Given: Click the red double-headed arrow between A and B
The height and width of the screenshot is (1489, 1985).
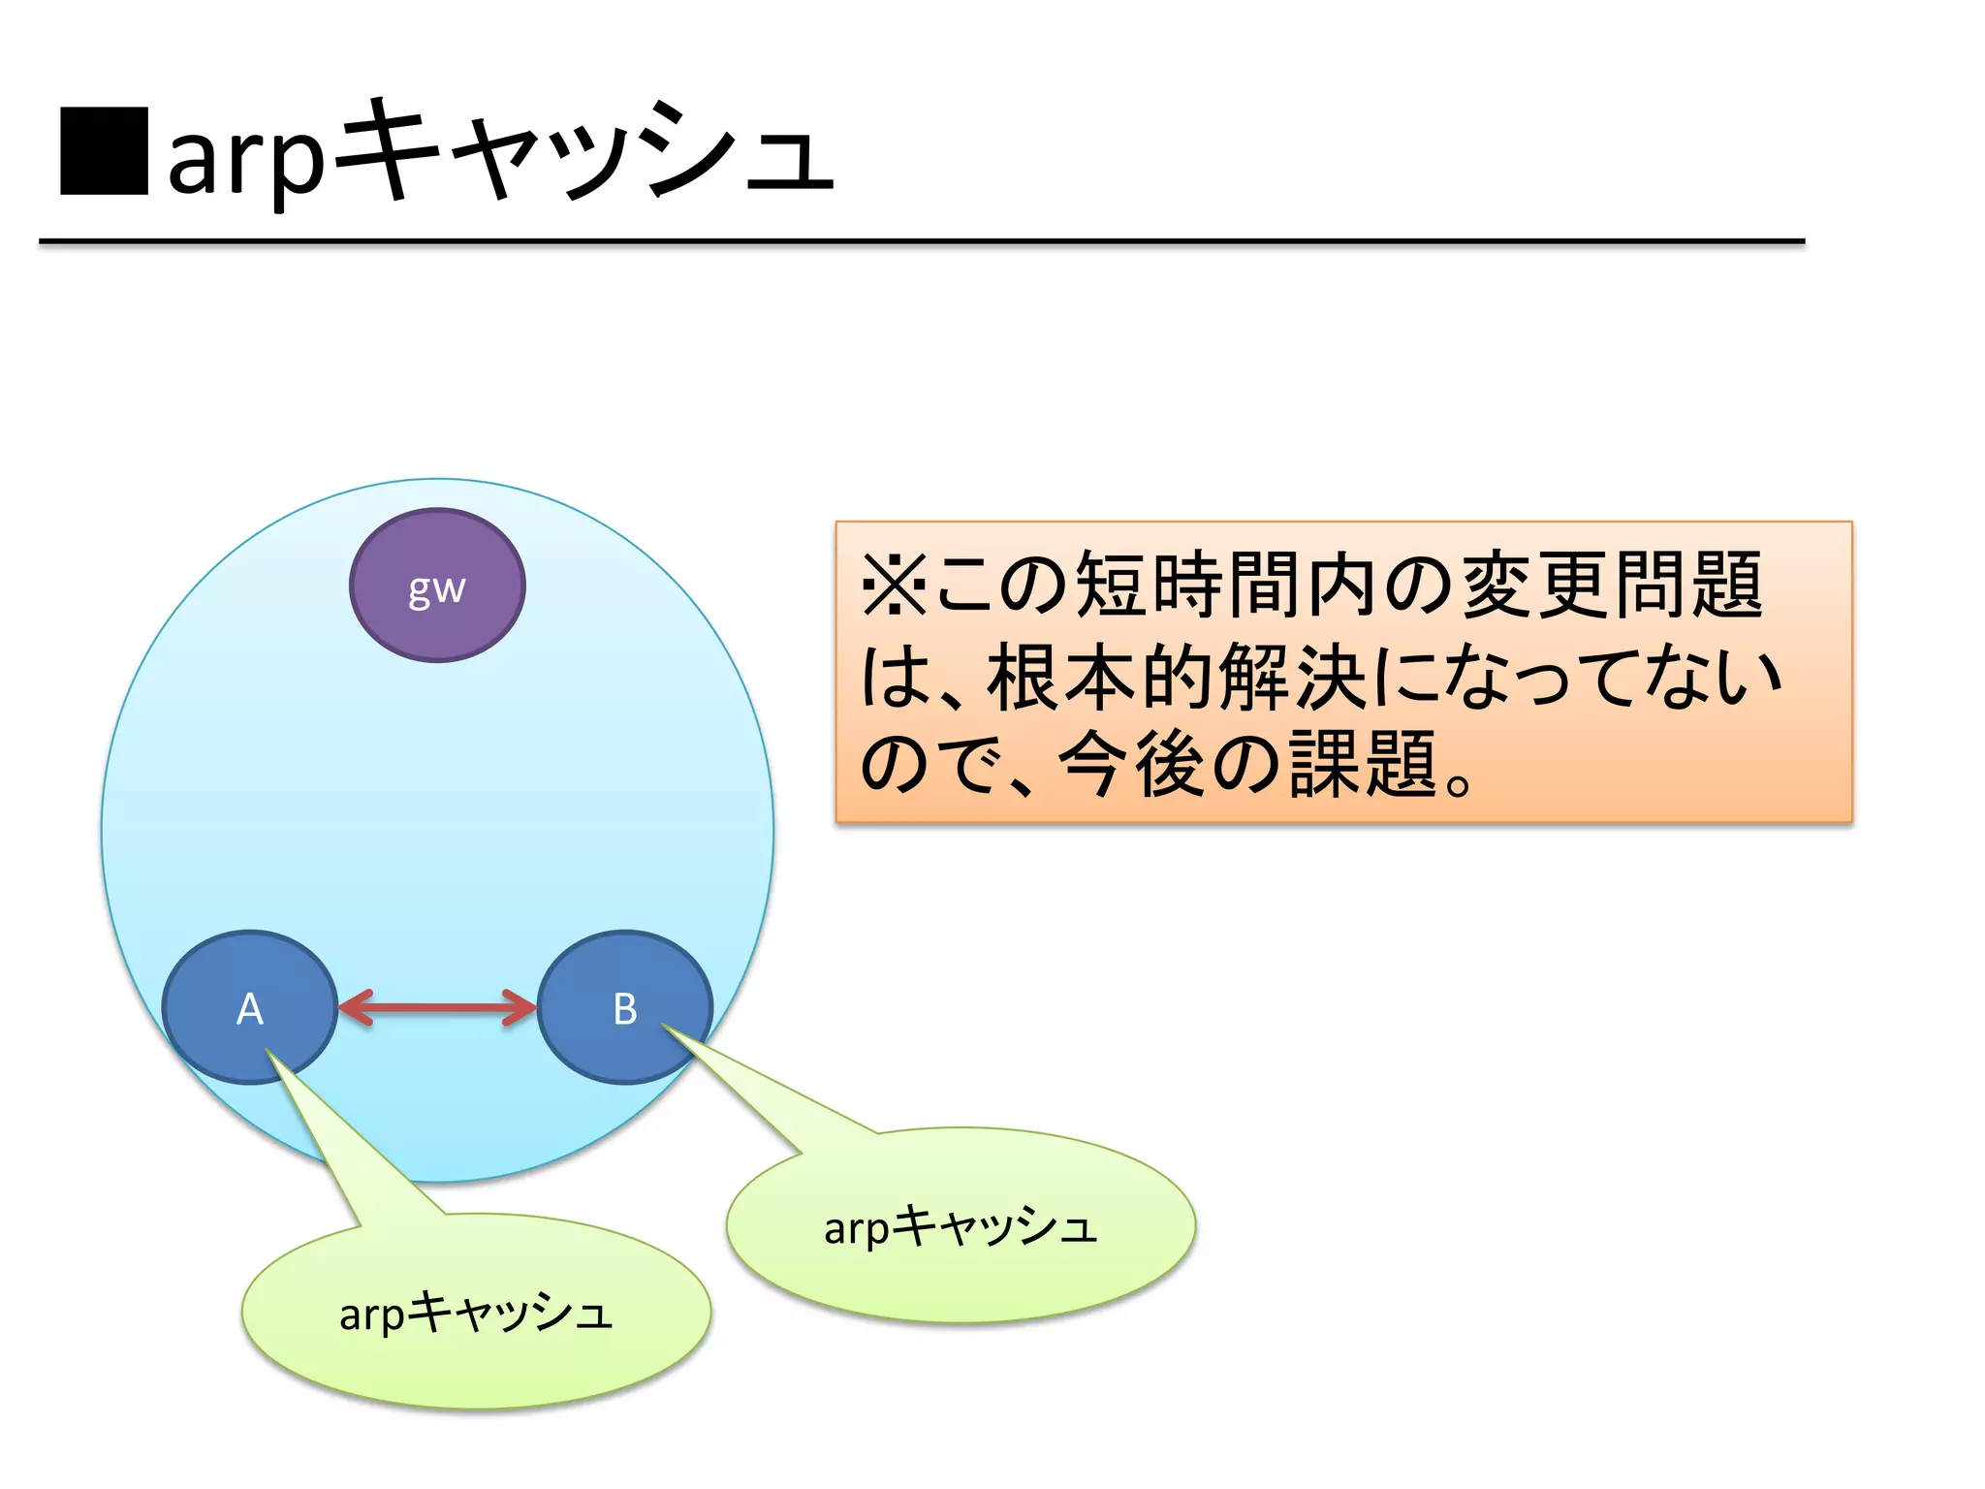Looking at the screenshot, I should pos(437,1007).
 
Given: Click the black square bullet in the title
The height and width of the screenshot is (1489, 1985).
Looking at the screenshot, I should pos(104,151).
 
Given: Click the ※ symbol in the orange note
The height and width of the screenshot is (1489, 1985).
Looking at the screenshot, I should pos(894,585).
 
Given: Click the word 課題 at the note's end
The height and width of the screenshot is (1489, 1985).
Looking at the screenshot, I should pos(1362,765).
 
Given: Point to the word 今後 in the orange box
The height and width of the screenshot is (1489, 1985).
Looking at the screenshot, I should pos(1131,765).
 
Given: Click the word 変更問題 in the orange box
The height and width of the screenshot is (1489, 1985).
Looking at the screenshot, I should pos(1611,585).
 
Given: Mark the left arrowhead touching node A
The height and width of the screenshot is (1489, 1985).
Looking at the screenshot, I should pos(355,1007).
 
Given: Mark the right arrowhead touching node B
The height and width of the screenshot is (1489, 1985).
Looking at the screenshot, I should pos(520,1007).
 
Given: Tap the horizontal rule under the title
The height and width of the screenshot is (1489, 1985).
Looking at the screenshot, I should pos(921,240).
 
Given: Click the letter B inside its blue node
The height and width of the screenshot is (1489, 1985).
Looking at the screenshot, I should pos(625,1009).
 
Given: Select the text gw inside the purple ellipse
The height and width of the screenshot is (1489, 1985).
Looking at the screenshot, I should pos(437,588).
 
